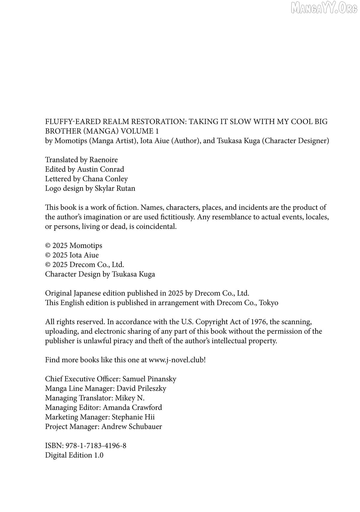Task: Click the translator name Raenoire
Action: pyautogui.click(x=103, y=160)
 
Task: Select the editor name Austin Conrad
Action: pyautogui.click(x=100, y=169)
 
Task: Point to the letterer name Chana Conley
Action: pyautogui.click(x=105, y=179)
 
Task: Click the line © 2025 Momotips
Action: pyautogui.click(x=73, y=245)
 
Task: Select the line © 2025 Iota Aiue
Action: pyautogui.click(x=72, y=255)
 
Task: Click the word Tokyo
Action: pyautogui.click(x=268, y=303)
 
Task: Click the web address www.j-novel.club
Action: pyautogui.click(x=176, y=360)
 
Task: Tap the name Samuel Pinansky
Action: pyautogui.click(x=149, y=379)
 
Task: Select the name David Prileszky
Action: pyautogui.click(x=141, y=389)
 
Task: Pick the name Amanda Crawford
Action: pyautogui.click(x=132, y=408)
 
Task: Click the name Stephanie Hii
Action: pyautogui.click(x=133, y=417)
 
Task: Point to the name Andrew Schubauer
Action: pyautogui.click(x=132, y=427)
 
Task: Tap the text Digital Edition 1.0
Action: pyautogui.click(x=74, y=455)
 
